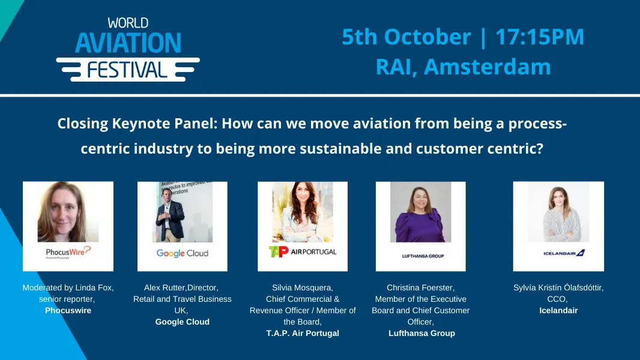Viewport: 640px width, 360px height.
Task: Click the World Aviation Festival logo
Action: click(128, 50)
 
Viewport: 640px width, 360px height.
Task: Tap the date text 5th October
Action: click(406, 37)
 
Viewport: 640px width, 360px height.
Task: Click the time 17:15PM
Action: click(539, 37)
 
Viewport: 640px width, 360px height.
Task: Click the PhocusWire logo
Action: click(68, 252)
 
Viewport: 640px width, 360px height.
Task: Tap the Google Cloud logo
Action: click(182, 253)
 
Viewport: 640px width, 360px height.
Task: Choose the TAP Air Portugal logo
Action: click(302, 251)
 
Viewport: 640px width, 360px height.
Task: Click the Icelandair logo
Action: click(558, 253)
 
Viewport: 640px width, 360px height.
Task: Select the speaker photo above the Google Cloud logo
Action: click(182, 212)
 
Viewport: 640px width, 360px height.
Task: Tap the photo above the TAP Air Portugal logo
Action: click(302, 212)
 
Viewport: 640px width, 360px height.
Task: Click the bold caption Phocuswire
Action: click(68, 310)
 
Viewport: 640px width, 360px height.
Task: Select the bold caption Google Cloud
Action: click(182, 322)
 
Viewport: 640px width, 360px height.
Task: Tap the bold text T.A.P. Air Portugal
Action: click(303, 333)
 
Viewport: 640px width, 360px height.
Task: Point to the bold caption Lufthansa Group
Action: click(421, 333)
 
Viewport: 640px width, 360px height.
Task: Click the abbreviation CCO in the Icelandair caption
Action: click(558, 299)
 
